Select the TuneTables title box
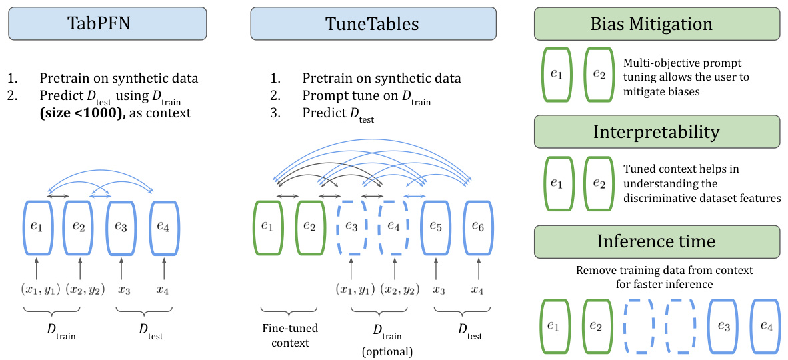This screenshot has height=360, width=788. tap(373, 24)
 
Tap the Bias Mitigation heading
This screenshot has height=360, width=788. tap(657, 24)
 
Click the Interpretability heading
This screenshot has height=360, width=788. tap(657, 132)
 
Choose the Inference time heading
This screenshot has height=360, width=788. tap(657, 241)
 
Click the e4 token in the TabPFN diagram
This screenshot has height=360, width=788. tap(163, 227)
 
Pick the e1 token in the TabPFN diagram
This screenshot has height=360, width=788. tap(37, 227)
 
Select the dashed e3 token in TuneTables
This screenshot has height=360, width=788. tap(351, 227)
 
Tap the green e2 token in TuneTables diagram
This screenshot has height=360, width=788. tap(309, 227)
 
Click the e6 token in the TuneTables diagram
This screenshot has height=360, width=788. tap(478, 227)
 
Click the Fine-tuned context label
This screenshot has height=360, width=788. tap(289, 335)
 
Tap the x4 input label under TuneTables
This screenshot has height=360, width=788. tap(478, 290)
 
